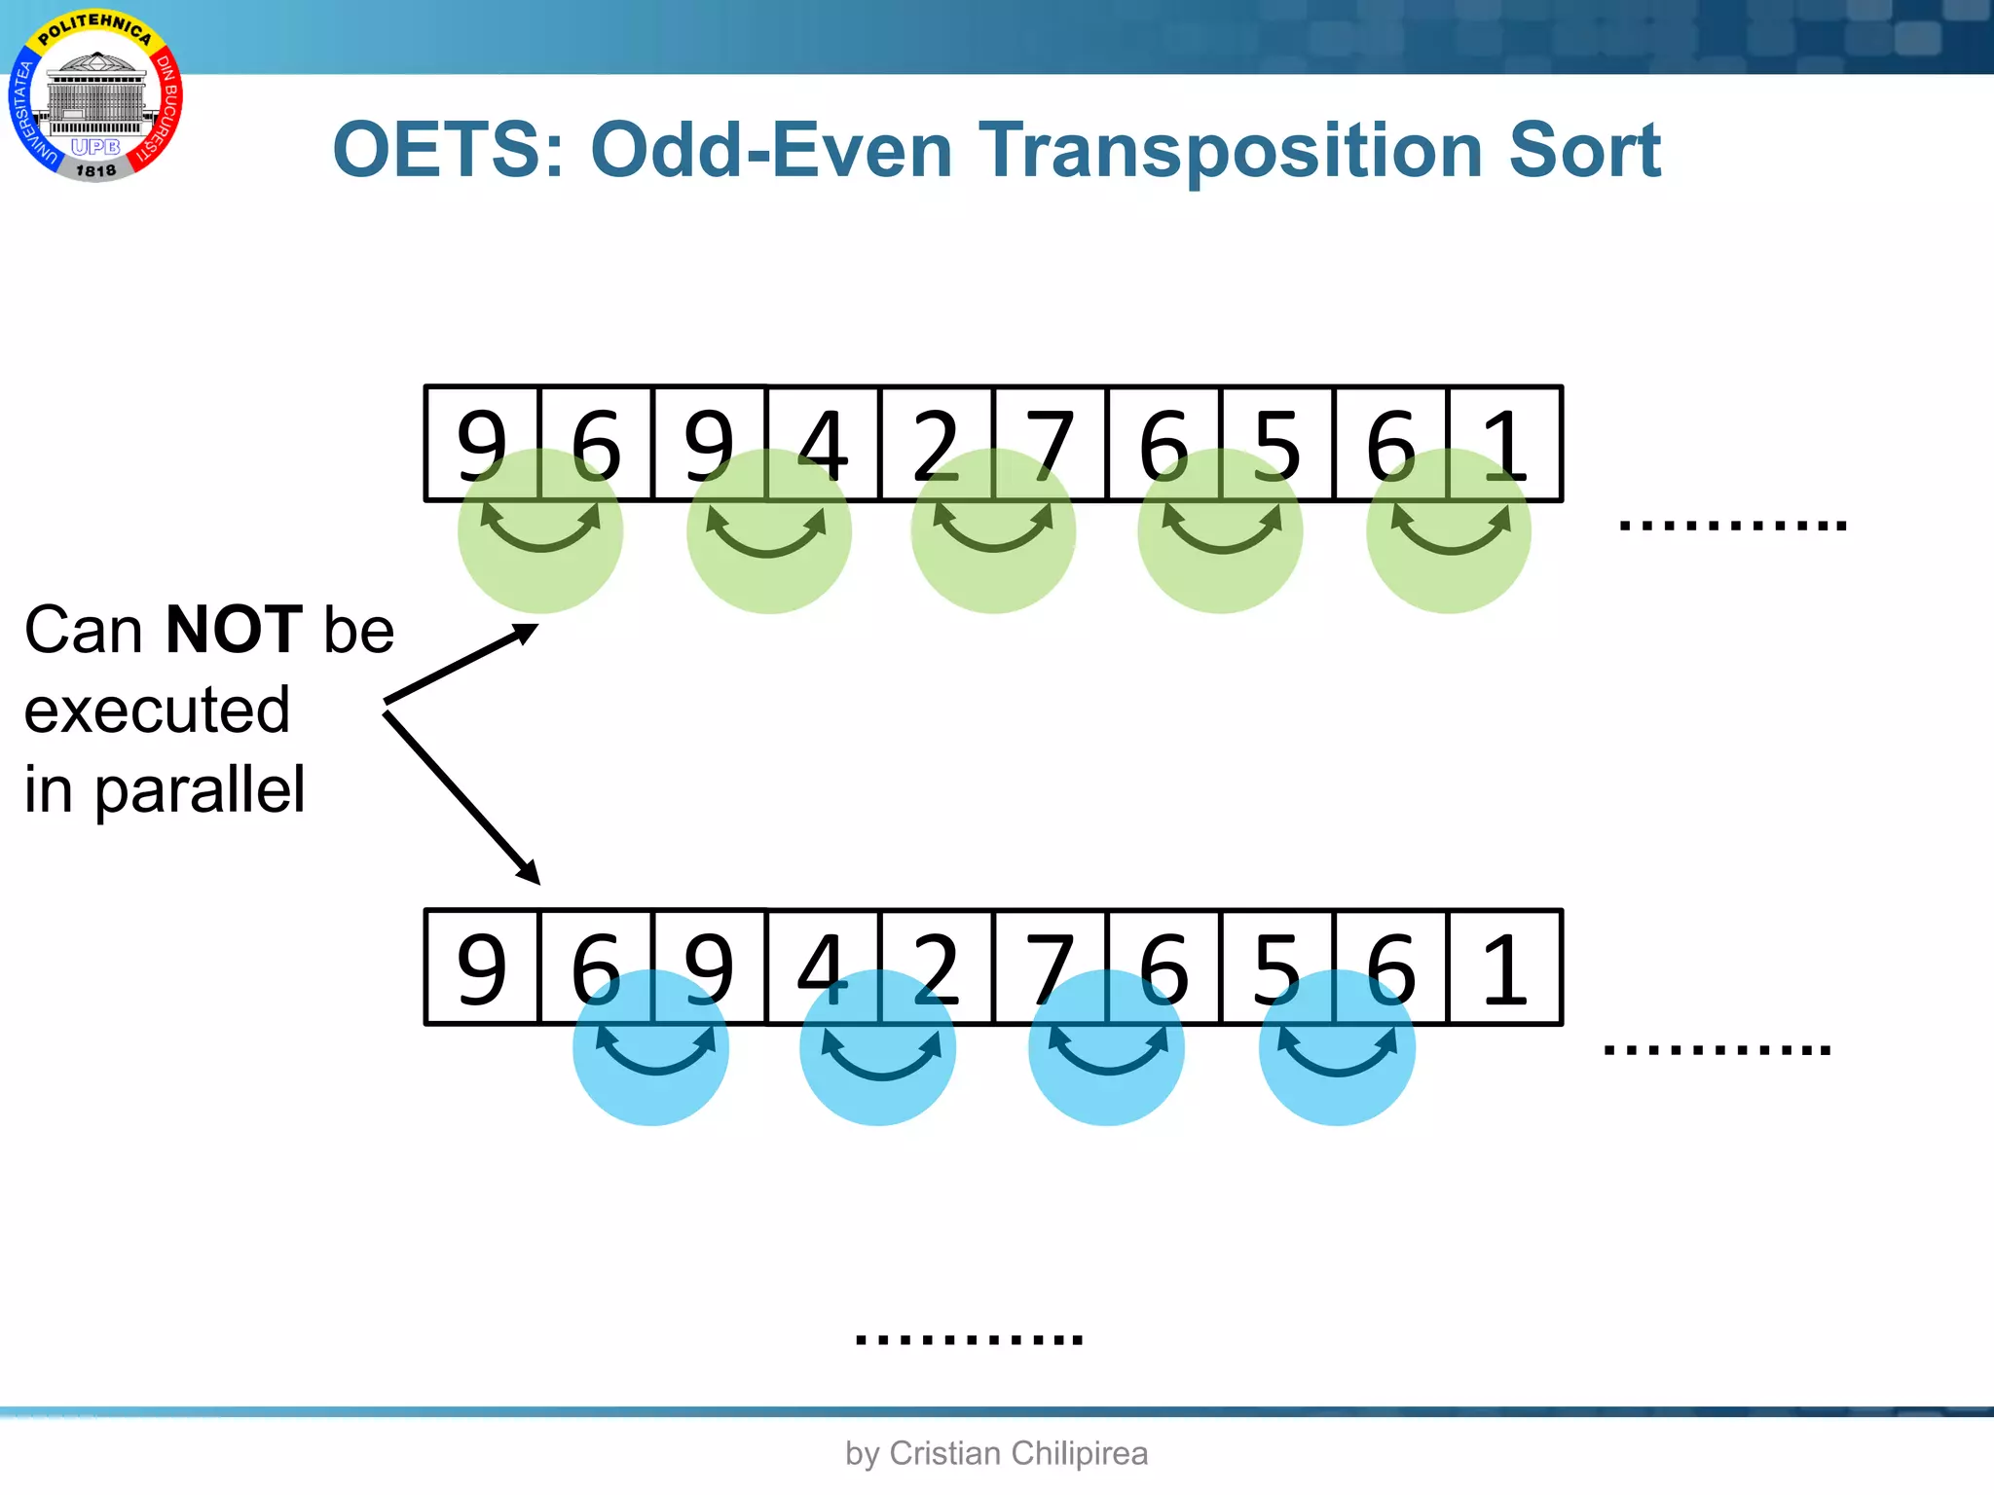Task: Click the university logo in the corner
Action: tap(95, 95)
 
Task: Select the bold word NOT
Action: tap(234, 630)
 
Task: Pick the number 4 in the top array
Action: tap(823, 445)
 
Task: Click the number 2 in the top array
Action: tap(936, 445)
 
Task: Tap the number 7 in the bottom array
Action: tap(1050, 968)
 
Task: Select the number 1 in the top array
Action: tap(1505, 445)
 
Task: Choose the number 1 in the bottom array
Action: tap(1505, 968)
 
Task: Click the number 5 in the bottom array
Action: tap(1277, 968)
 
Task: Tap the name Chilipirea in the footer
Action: tap(1080, 1453)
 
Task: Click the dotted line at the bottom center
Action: tap(969, 1339)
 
